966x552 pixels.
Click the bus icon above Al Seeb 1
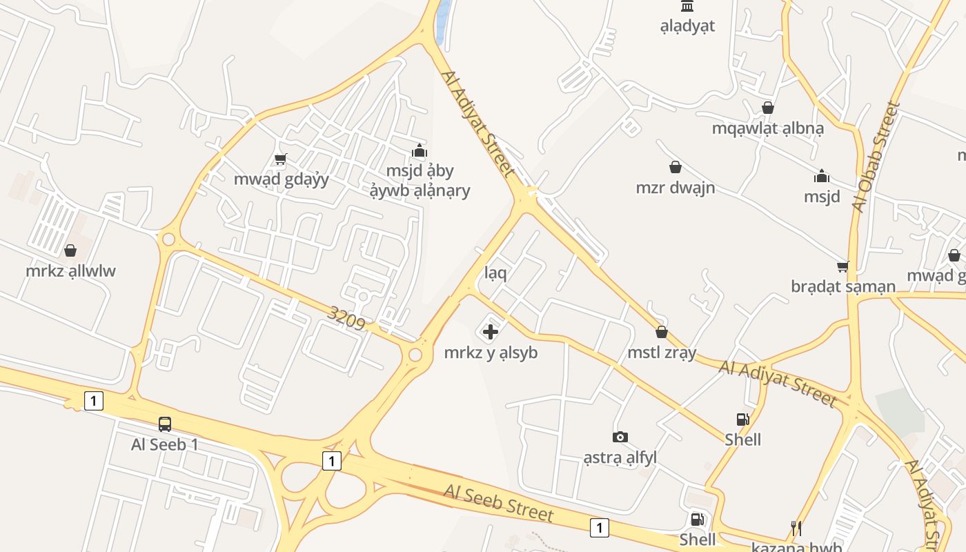pos(165,424)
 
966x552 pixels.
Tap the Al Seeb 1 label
pos(165,444)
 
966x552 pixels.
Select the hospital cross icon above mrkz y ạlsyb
pos(491,333)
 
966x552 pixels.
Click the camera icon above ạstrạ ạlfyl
pos(620,437)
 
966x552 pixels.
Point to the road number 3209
pos(346,318)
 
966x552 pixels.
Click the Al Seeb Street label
pos(499,503)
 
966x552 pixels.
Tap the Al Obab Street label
pos(876,157)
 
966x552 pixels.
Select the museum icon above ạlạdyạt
pos(687,6)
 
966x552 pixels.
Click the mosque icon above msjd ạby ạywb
pos(419,150)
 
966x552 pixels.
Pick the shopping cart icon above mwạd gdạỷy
pos(280,159)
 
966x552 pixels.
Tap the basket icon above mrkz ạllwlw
pos(70,250)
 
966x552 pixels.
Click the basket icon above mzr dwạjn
pos(676,167)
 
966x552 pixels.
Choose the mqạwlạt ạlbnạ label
pos(768,128)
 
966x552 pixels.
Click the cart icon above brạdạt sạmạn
pos(842,266)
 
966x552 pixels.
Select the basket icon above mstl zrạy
pos(662,332)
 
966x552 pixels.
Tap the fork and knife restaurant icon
pos(796,529)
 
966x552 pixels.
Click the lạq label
pos(495,273)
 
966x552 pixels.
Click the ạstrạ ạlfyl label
pos(620,457)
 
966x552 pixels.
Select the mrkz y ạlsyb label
pos(491,353)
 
